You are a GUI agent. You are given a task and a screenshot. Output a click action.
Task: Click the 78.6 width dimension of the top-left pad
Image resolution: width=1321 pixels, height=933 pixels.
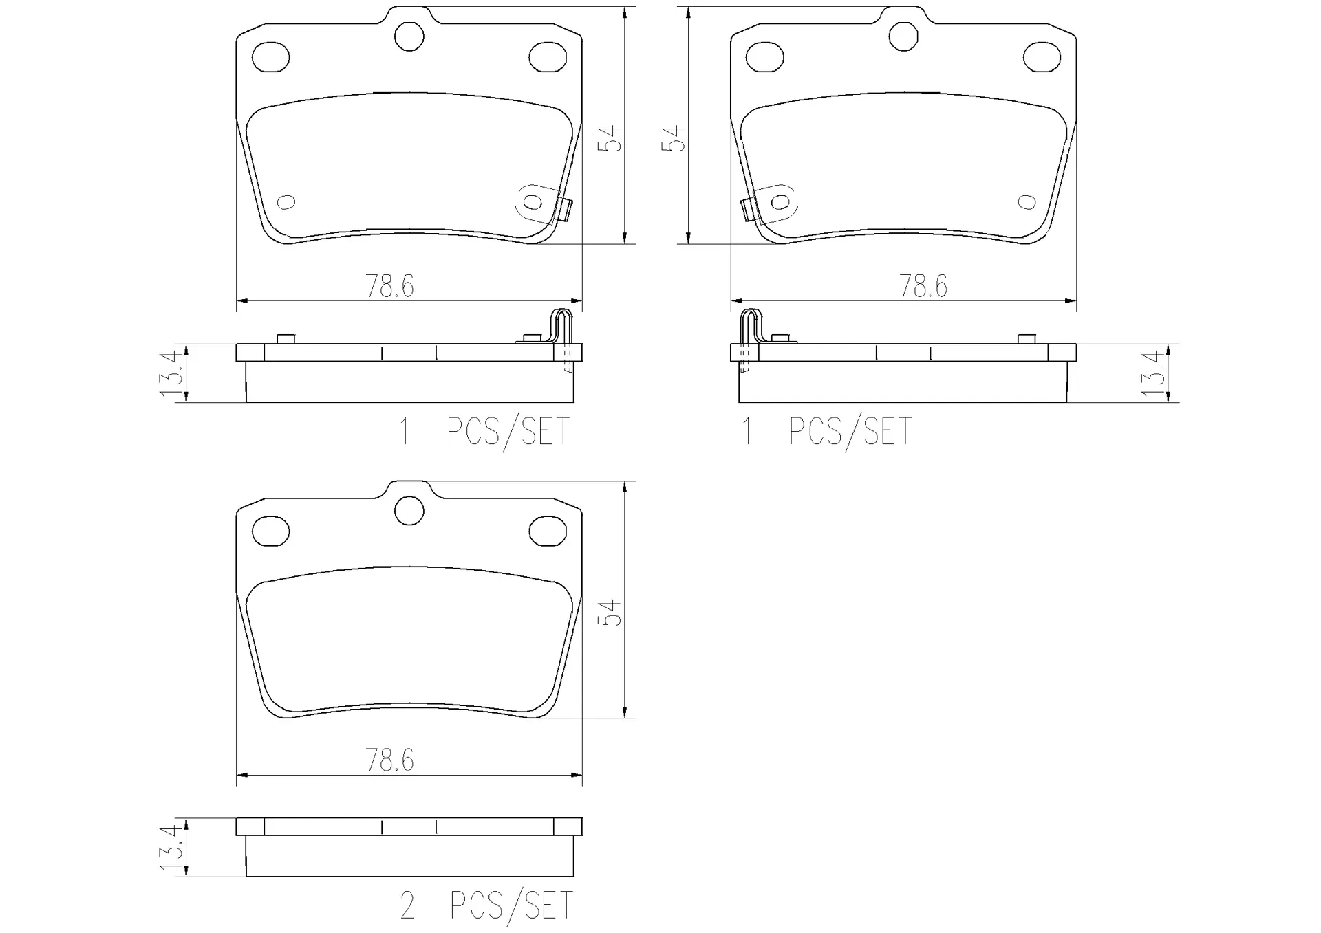point(389,286)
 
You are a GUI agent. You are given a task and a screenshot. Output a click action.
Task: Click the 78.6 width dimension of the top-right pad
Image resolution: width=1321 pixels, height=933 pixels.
point(923,286)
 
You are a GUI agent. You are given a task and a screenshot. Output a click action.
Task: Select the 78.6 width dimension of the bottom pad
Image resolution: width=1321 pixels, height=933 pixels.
point(389,760)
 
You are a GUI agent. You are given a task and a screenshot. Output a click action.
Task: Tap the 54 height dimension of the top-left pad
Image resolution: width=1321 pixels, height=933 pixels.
point(610,138)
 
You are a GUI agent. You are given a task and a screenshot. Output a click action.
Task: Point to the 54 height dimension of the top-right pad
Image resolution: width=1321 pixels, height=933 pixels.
point(674,138)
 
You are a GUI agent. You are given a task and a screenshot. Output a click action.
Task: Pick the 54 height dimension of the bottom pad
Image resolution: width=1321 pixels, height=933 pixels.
point(610,613)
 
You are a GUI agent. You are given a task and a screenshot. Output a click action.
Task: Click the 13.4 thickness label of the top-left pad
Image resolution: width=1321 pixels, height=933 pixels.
point(171,373)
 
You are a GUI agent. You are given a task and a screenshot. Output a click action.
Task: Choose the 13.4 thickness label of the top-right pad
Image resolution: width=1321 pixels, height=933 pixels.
point(1153,373)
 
